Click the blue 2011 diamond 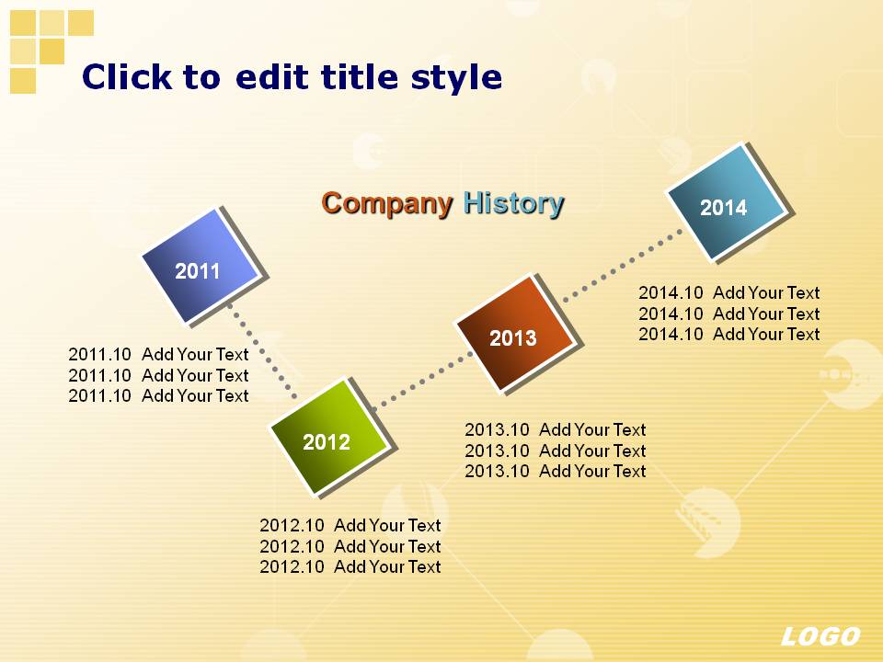coord(201,267)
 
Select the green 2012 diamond coord(329,438)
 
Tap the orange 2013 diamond coord(515,333)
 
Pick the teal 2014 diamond coord(726,202)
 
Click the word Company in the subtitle coord(387,203)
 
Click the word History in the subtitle coord(513,203)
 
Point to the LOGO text coord(820,636)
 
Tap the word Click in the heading coord(127,76)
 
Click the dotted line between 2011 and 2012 coord(262,351)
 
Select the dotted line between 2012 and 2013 coord(423,380)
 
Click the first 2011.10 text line coord(158,355)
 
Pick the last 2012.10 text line coord(350,567)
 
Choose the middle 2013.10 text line coord(556,451)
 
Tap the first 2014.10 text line coord(729,292)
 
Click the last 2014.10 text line coord(729,335)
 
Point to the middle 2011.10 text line coord(158,375)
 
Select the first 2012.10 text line coord(350,525)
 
